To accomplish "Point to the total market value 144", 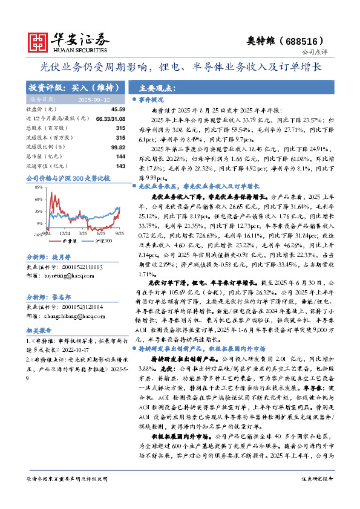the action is [120, 156].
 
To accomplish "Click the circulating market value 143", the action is [120, 166].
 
